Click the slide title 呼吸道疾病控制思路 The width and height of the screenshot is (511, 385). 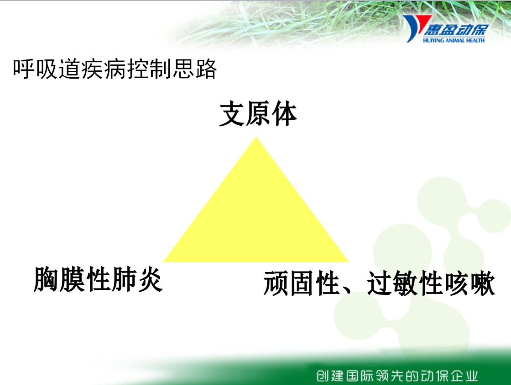115,69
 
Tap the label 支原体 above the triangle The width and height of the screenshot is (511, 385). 258,114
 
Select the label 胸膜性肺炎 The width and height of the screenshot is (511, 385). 98,279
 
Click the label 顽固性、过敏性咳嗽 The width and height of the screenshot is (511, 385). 379,283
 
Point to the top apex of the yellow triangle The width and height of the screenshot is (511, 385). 256,137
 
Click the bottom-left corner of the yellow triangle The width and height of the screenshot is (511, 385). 163,262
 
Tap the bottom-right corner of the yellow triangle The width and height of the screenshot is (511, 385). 349,262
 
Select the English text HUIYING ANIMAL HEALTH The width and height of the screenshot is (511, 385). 454,40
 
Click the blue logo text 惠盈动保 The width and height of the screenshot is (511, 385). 455,30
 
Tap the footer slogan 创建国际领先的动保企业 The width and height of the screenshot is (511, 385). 397,376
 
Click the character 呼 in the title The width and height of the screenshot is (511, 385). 23,69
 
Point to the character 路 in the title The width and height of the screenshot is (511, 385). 206,69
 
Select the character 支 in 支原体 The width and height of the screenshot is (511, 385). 232,114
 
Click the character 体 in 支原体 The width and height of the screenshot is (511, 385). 284,114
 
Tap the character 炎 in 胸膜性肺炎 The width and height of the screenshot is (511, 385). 150,279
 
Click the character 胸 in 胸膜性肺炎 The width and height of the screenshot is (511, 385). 46,279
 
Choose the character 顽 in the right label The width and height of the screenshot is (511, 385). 276,283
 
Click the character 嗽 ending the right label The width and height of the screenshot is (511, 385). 483,283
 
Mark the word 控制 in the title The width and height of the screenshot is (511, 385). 149,69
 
